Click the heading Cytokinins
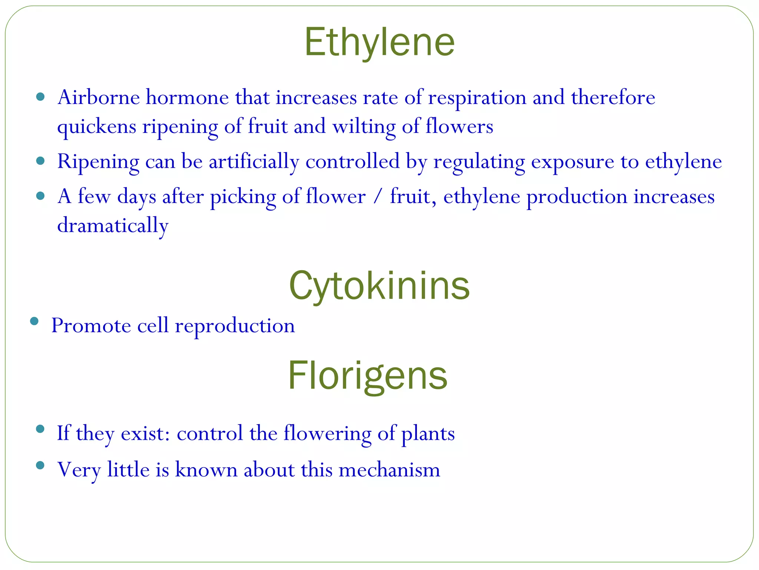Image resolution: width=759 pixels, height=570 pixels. point(379,286)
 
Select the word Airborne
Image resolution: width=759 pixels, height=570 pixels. point(99,98)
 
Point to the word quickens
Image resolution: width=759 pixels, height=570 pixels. point(97,127)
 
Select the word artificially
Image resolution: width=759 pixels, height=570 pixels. point(254,162)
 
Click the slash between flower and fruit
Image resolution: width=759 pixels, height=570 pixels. point(377,196)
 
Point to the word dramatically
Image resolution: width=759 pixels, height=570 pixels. point(113,226)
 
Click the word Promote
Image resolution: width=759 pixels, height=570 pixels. point(91,326)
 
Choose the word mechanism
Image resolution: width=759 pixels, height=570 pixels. point(389,470)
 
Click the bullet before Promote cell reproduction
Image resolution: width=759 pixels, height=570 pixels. point(34,321)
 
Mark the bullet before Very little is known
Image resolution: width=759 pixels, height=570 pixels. point(40,465)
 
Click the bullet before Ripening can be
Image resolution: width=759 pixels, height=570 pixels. point(40,161)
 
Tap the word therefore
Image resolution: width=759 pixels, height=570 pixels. point(613,98)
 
